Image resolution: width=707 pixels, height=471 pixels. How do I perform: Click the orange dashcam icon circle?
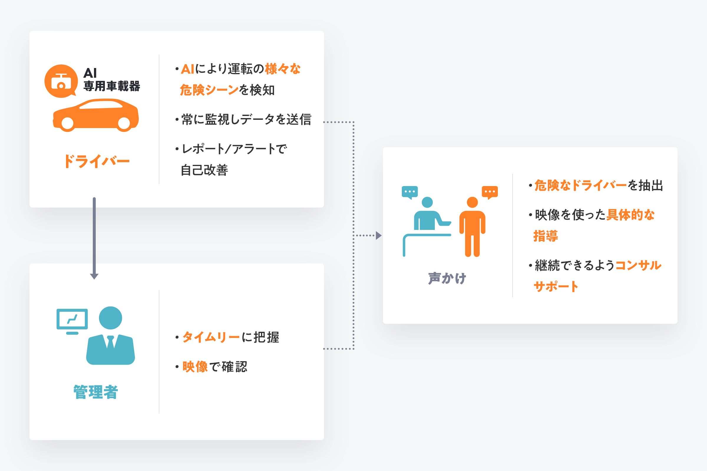pos(61,81)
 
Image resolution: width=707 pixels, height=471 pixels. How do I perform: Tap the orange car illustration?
pos(95,115)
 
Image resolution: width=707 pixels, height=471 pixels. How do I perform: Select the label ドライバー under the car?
pos(96,161)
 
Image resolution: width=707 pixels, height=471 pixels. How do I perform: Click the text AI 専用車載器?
pos(112,79)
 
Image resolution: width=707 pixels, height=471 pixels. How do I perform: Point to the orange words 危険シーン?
pos(209,90)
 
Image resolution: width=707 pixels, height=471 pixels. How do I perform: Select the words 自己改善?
pos(204,170)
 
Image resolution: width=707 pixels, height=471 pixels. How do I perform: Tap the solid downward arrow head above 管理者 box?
pos(94,276)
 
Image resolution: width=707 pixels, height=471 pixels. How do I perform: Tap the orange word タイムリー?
pos(211,337)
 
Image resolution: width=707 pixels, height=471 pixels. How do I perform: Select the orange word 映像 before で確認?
pos(195,367)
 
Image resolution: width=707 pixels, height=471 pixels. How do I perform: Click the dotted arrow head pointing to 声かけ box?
pos(379,235)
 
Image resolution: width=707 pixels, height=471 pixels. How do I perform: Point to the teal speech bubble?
pos(410,193)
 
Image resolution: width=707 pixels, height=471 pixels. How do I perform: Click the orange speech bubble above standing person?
pos(490,193)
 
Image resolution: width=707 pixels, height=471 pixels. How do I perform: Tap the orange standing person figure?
pos(472,227)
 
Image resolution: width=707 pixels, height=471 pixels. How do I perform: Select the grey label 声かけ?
pos(447,278)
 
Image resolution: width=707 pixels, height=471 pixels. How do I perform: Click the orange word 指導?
pos(546,236)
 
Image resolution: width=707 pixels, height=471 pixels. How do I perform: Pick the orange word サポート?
pos(556,286)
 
